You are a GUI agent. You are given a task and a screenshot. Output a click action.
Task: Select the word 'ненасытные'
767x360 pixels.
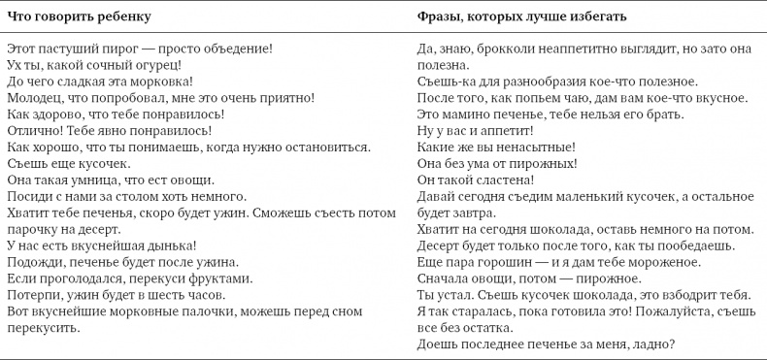click(x=532, y=147)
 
